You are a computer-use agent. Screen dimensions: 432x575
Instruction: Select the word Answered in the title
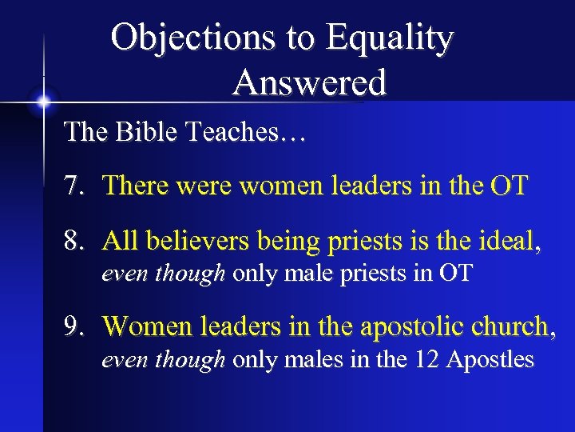pos(310,82)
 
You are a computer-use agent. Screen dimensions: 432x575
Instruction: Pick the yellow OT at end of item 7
pos(509,186)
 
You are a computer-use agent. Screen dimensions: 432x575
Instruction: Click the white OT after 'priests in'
pos(457,274)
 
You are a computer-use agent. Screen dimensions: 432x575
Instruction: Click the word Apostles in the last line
pos(490,360)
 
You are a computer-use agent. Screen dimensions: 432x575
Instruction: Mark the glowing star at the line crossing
pos(43,102)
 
